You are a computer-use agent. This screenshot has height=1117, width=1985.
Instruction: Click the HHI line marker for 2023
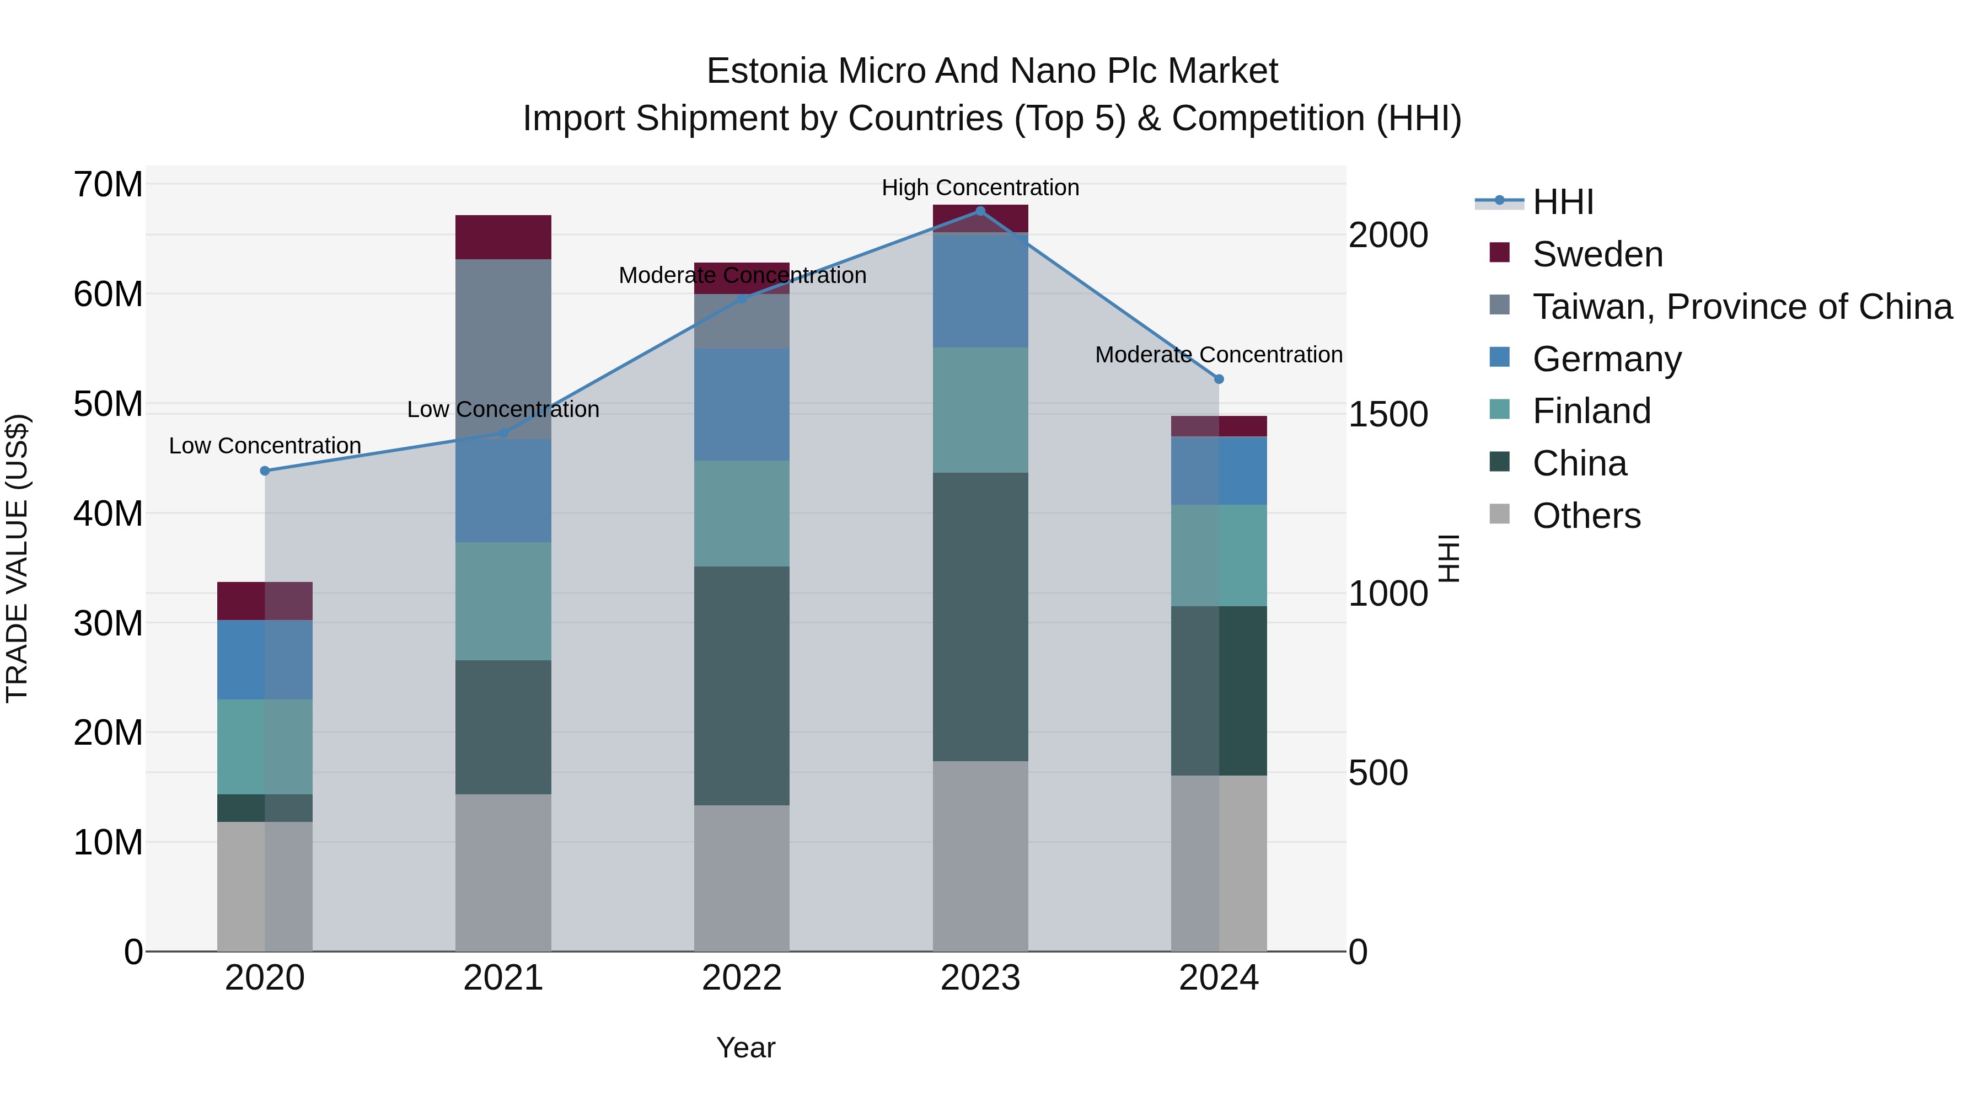tap(980, 211)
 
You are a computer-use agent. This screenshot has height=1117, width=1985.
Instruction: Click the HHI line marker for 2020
tap(265, 471)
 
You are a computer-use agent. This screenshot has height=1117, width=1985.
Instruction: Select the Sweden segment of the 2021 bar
tap(503, 237)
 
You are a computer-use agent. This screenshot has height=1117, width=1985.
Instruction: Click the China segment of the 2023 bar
tap(980, 617)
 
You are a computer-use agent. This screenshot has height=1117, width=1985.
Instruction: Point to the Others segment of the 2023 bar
tap(980, 856)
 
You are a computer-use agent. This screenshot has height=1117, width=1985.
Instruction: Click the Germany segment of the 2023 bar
tap(980, 290)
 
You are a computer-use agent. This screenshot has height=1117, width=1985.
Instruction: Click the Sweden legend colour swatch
tap(1500, 252)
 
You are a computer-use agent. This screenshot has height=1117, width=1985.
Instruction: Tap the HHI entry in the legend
tap(1563, 202)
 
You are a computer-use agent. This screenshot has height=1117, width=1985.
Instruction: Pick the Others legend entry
tap(1586, 516)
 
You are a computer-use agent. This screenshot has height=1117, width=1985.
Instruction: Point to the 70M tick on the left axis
tap(108, 185)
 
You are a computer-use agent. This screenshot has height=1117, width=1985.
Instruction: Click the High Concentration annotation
tap(980, 188)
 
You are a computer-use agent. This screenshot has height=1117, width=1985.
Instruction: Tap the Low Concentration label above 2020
tap(265, 446)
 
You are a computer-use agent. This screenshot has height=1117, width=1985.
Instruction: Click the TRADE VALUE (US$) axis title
tap(17, 558)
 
